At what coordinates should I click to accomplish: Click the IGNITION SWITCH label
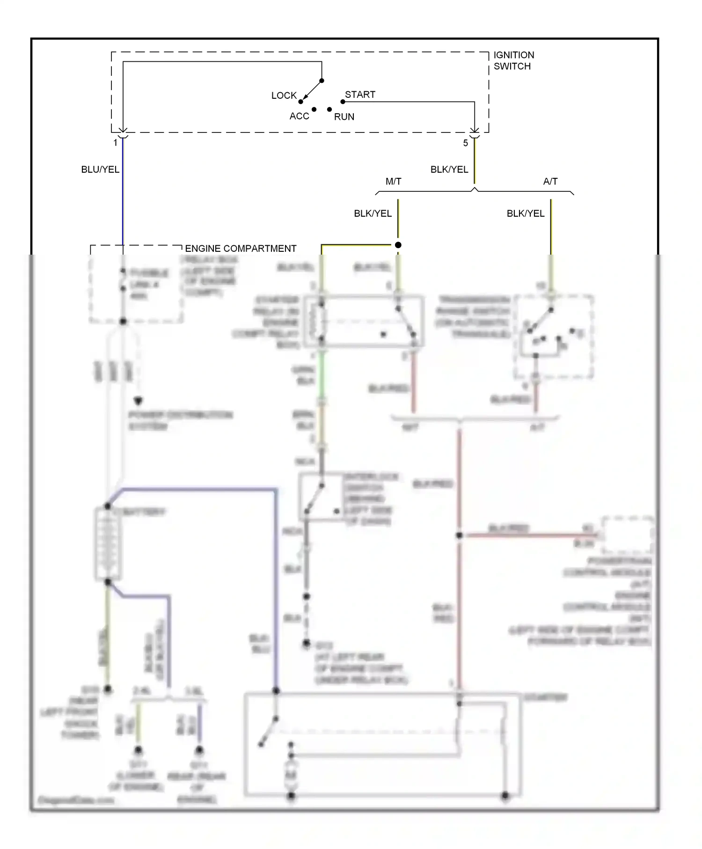[513, 61]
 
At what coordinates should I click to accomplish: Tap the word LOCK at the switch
[284, 95]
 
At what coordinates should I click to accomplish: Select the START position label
[360, 95]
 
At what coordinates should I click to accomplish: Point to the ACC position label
[299, 116]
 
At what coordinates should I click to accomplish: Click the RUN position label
[344, 117]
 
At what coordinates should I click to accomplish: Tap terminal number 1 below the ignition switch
[115, 143]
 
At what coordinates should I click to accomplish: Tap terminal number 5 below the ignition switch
[465, 143]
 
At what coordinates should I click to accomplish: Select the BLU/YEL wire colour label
[100, 169]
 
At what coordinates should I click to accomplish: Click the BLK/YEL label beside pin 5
[449, 169]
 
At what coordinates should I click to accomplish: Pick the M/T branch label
[393, 182]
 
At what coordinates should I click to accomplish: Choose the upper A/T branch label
[550, 182]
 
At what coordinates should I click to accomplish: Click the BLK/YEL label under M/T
[373, 213]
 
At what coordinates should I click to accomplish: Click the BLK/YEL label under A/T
[525, 213]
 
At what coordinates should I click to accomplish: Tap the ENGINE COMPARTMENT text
[241, 249]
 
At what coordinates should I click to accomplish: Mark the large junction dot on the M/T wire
[398, 245]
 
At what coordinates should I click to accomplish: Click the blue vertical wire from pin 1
[123, 197]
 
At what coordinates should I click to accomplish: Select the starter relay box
[364, 321]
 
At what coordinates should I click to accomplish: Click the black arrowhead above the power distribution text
[138, 401]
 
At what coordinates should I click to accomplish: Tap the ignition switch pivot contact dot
[322, 81]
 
